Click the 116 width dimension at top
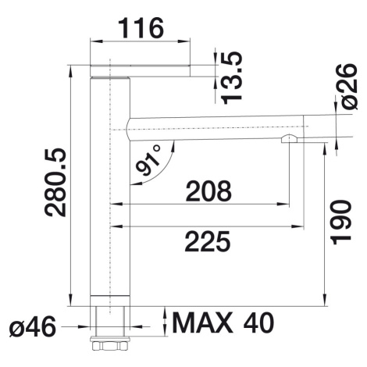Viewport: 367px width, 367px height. pos(141,28)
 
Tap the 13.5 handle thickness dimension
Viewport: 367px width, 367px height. pos(231,77)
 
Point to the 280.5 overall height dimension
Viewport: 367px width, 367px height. pos(55,182)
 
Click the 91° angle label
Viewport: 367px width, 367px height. pos(148,160)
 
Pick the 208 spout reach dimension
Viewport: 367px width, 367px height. pos(208,191)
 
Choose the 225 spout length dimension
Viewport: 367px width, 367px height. pos(208,241)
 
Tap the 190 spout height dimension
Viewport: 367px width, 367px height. pos(341,223)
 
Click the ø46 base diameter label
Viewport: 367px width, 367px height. pos(33,326)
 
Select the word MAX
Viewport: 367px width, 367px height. pos(203,322)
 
